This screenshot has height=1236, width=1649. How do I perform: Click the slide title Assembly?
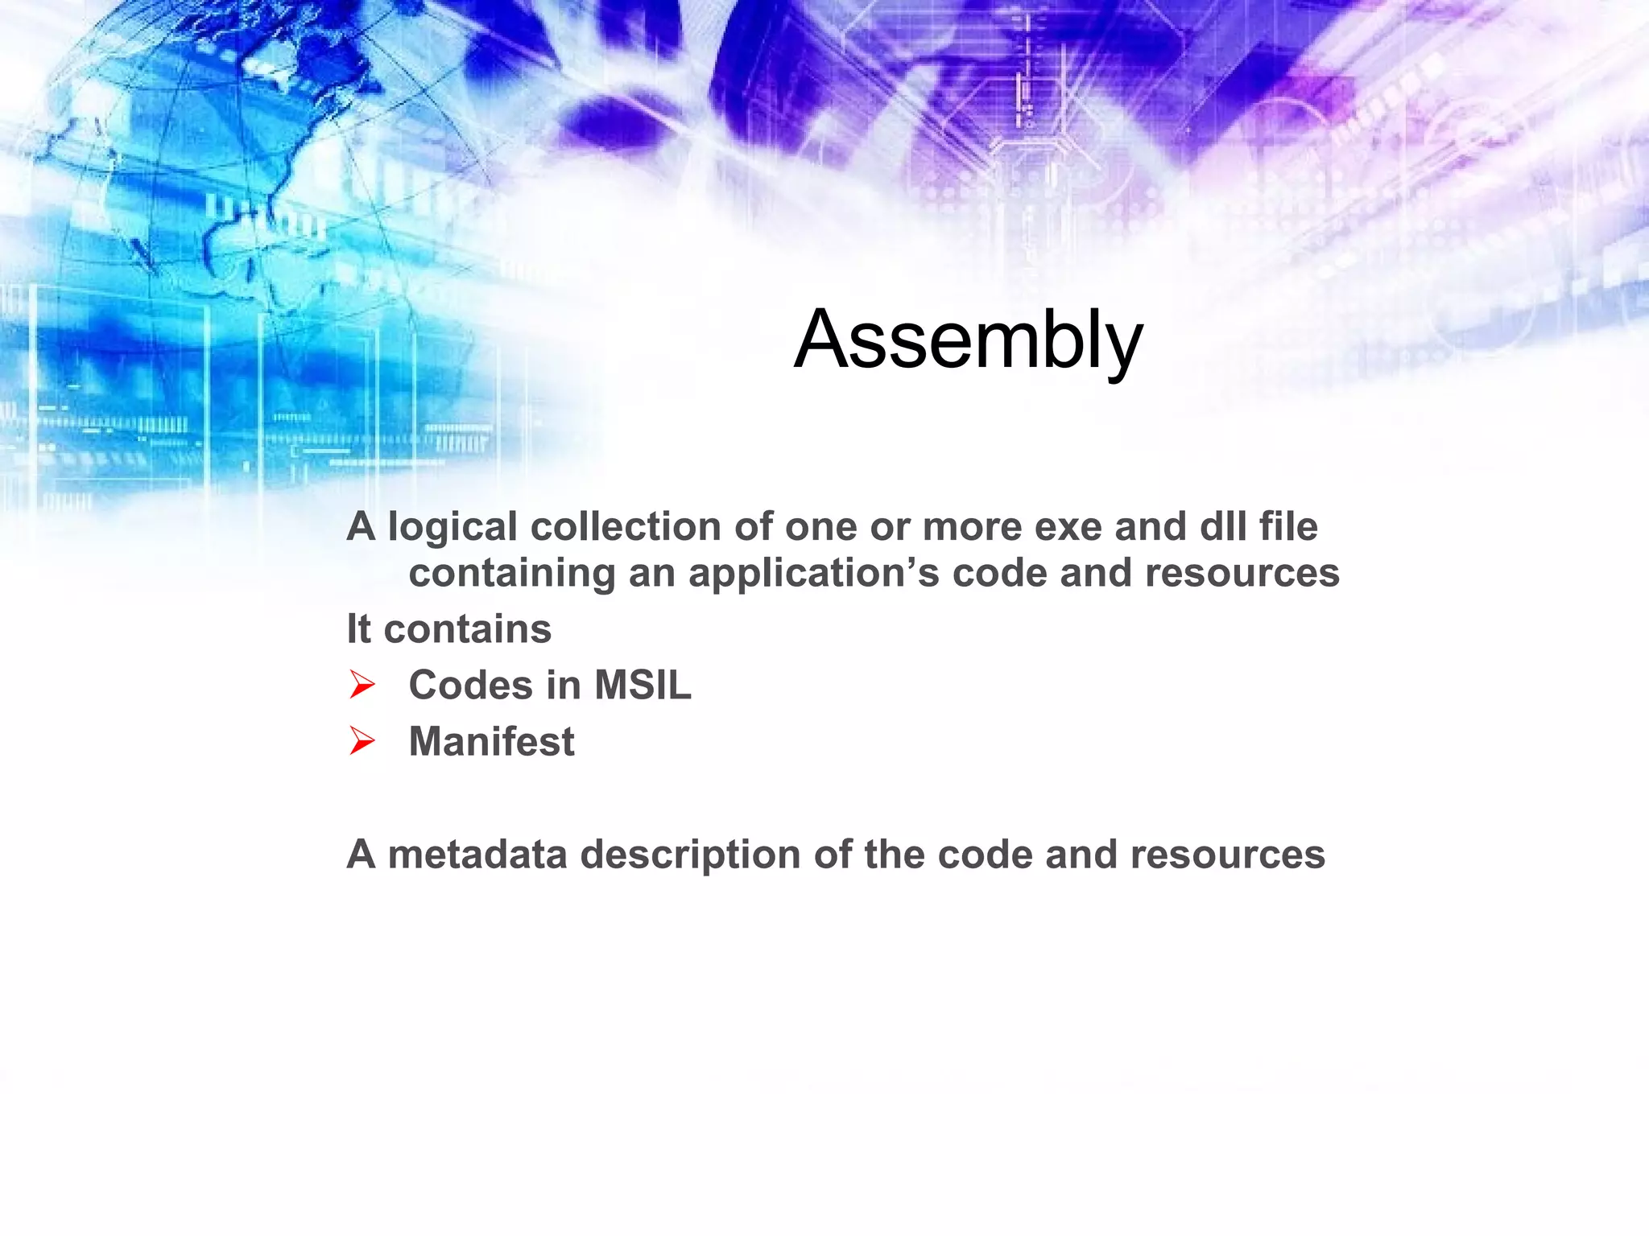968,340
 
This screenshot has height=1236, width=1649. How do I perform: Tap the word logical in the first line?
452,528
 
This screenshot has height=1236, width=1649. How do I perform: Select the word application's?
813,575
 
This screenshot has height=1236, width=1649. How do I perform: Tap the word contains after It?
468,629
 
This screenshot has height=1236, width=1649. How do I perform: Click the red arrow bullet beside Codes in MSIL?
362,686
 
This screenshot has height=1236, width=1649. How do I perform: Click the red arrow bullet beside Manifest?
362,741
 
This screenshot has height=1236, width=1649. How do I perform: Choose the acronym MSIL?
643,686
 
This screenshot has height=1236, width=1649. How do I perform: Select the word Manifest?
491,742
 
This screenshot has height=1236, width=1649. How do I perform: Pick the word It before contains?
358,629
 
